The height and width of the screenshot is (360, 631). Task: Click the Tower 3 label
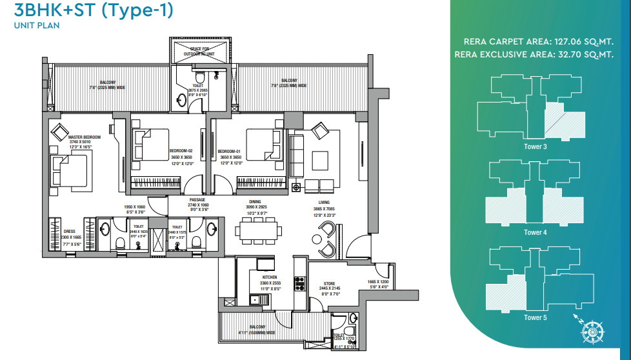[x=536, y=146]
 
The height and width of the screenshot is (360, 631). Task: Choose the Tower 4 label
[x=536, y=232]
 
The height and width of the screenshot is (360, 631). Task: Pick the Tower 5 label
[x=536, y=317]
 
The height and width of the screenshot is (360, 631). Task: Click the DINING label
[x=255, y=201]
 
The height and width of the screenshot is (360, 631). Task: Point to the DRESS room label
[x=70, y=230]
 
